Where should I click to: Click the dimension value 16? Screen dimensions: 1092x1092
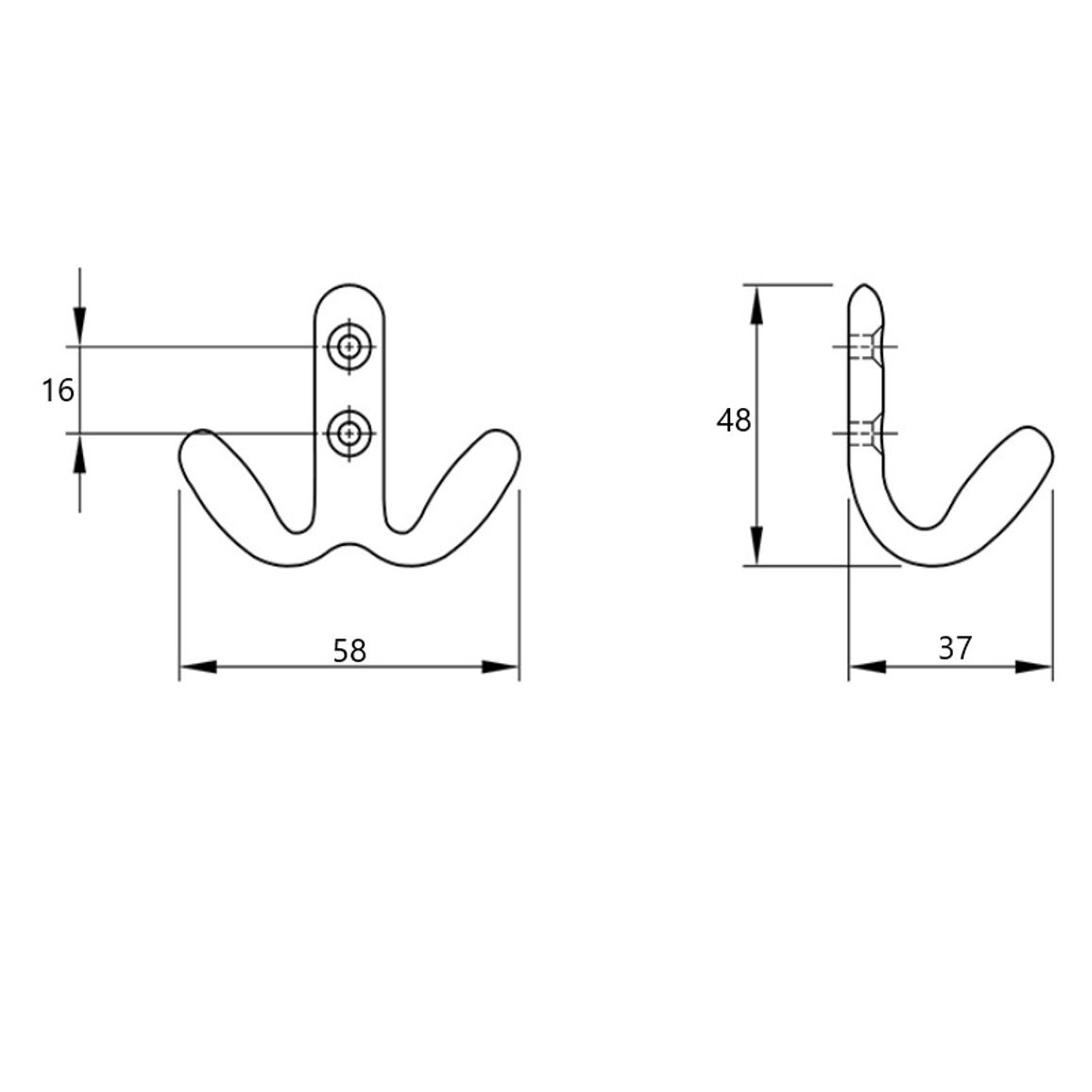tap(58, 390)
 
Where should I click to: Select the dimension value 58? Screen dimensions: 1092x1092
tap(349, 651)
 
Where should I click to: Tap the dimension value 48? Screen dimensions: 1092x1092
tap(733, 420)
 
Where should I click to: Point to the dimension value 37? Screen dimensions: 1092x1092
tap(954, 648)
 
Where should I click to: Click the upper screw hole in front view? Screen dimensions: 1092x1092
tap(349, 346)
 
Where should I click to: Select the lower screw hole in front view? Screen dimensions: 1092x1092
tap(349, 434)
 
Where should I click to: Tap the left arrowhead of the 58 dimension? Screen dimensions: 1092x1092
tap(198, 667)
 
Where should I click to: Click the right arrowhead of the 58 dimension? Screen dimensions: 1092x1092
tap(501, 667)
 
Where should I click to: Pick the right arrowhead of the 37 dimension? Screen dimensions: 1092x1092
tap(1033, 667)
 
